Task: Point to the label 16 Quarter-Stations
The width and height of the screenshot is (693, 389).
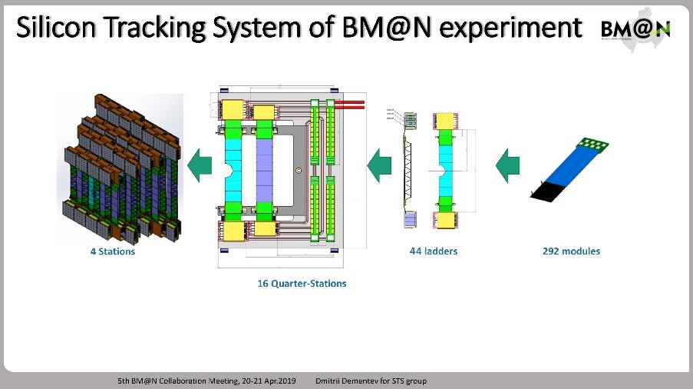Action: pyautogui.click(x=302, y=284)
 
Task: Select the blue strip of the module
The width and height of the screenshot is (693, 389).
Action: pyautogui.click(x=571, y=167)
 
